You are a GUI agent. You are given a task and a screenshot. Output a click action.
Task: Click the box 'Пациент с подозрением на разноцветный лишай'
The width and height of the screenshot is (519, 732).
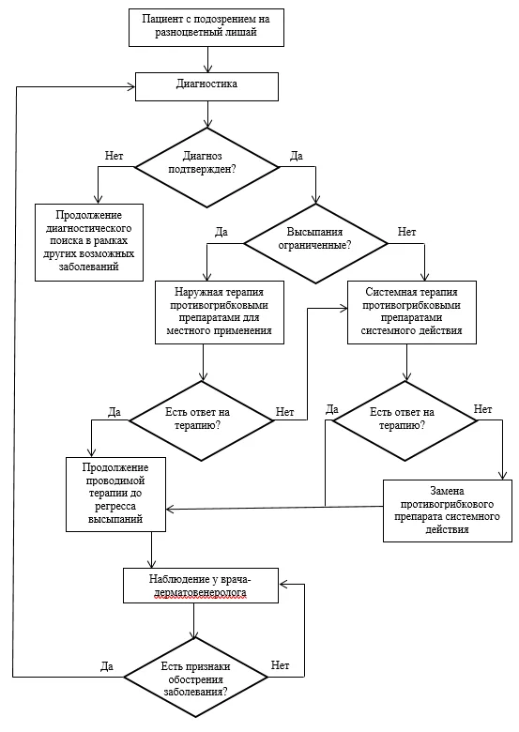(x=206, y=26)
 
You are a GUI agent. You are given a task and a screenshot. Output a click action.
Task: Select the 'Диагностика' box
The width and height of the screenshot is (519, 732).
(x=206, y=86)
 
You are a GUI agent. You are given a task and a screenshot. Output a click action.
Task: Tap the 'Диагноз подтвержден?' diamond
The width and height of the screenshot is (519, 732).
(x=206, y=167)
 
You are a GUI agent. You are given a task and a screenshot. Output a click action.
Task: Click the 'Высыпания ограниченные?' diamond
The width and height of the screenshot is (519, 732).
(x=316, y=243)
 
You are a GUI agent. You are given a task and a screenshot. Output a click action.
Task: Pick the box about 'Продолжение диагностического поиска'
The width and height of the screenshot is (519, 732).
(x=89, y=242)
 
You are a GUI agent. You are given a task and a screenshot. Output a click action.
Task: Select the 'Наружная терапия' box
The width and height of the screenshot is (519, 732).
(x=220, y=313)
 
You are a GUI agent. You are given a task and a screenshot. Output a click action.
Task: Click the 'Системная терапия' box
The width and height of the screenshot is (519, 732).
(x=412, y=313)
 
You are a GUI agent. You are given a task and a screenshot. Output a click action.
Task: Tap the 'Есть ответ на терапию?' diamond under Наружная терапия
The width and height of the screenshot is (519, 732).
(x=202, y=420)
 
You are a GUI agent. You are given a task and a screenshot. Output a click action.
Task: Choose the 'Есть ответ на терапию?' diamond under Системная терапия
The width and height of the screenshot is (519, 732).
(x=405, y=420)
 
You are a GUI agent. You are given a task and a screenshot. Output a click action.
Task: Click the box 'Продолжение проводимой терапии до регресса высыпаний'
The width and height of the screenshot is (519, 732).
(x=115, y=494)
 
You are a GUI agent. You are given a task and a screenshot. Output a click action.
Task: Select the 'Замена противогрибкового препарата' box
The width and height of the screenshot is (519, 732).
(x=448, y=511)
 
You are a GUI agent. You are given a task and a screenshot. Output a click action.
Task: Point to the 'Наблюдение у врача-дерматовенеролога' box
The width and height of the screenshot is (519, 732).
(x=201, y=586)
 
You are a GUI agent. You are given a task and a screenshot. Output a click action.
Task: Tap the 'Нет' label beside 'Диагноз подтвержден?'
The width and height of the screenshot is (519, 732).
(x=114, y=156)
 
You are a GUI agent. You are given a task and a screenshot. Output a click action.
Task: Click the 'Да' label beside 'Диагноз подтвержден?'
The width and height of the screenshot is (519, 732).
(x=297, y=156)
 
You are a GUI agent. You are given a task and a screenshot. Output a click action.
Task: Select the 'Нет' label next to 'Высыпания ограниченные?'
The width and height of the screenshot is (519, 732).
(x=406, y=232)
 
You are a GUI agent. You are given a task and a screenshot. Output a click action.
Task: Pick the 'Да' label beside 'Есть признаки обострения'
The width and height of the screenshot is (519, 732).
(x=107, y=666)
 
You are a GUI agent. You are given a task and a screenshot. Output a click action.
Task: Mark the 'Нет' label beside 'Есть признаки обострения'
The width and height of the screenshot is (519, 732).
(x=280, y=664)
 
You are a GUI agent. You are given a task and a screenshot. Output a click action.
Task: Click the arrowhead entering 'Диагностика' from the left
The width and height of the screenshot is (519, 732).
(x=131, y=86)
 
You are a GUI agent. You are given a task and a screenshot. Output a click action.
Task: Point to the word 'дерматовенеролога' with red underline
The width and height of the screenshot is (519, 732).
(x=201, y=593)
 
